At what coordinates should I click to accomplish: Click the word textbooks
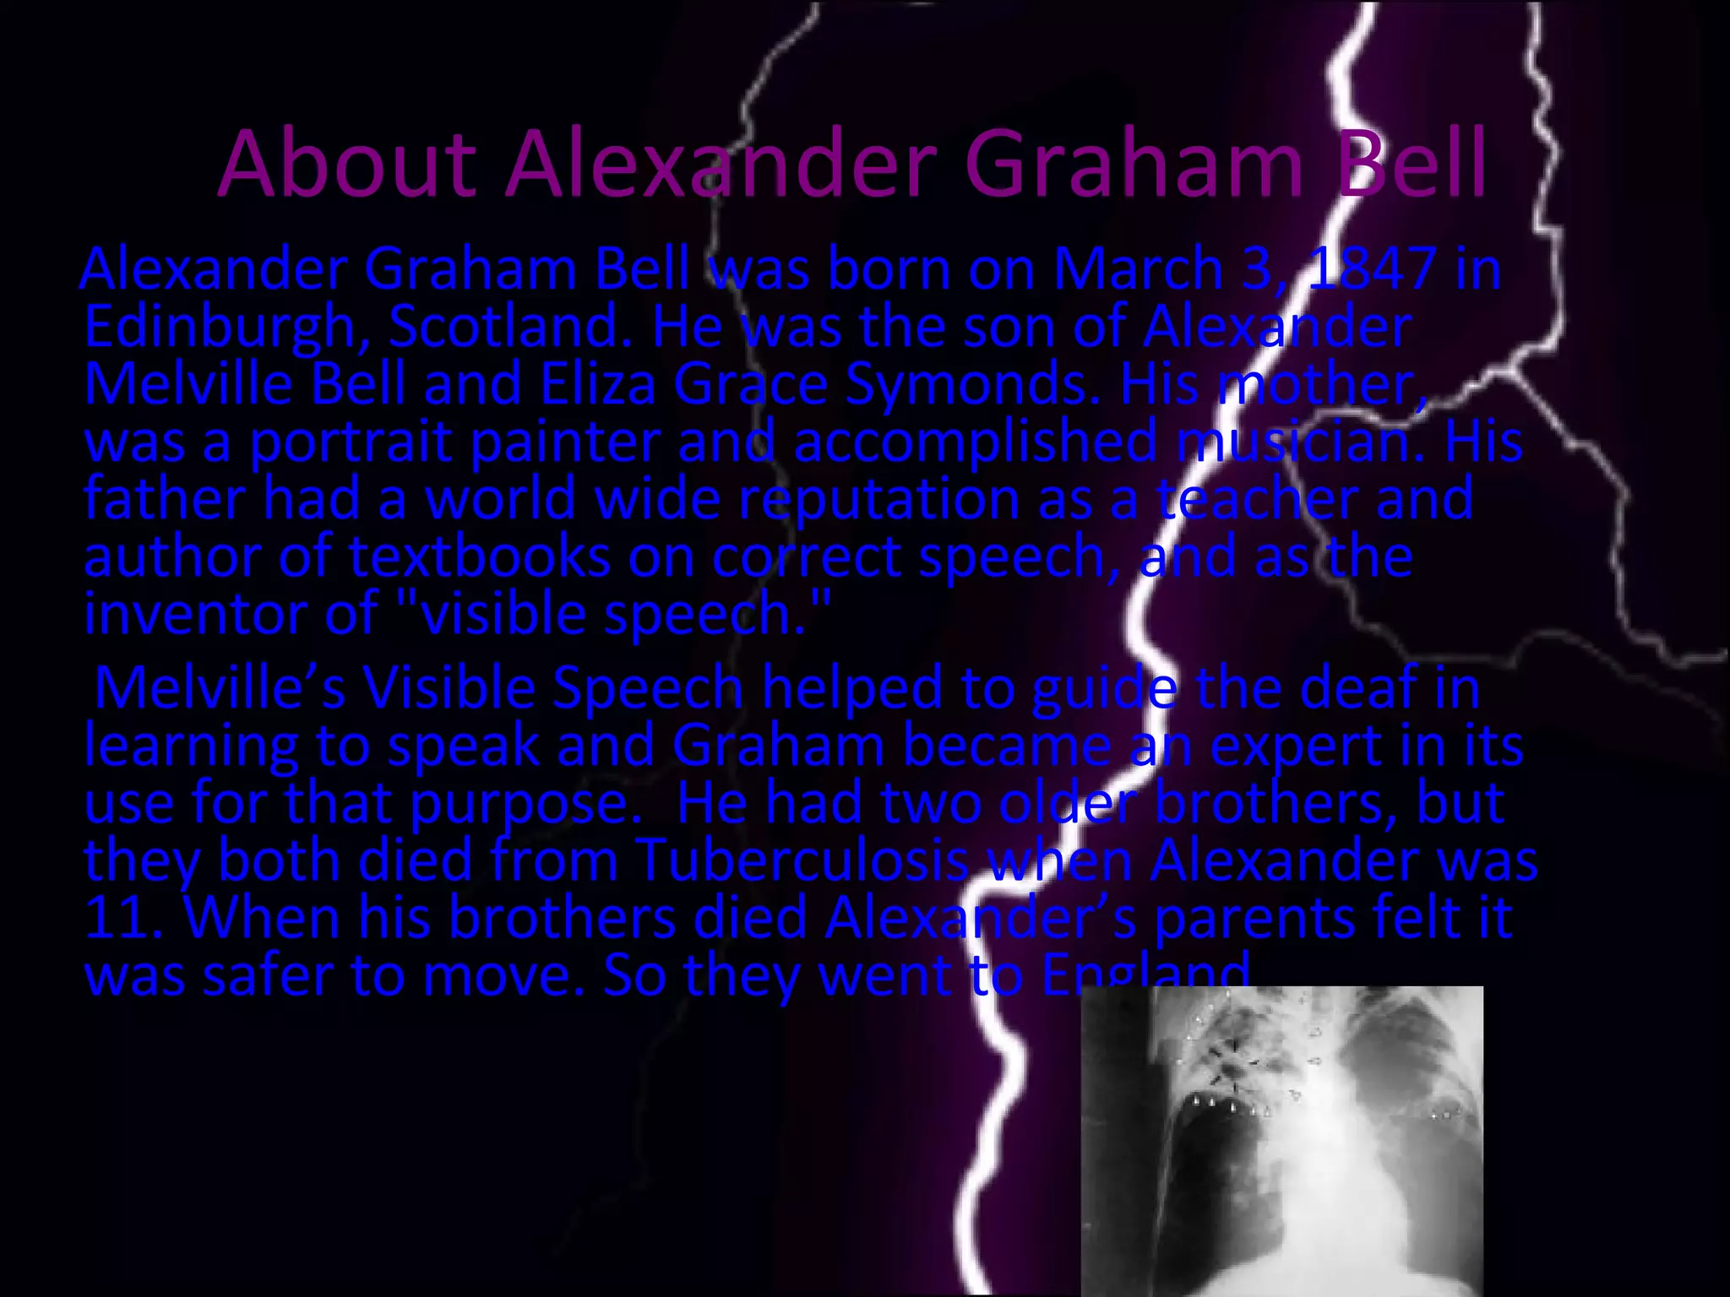click(479, 557)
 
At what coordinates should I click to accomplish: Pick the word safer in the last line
click(268, 976)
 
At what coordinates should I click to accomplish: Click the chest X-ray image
click(1281, 1140)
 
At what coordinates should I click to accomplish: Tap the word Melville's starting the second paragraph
click(219, 689)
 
